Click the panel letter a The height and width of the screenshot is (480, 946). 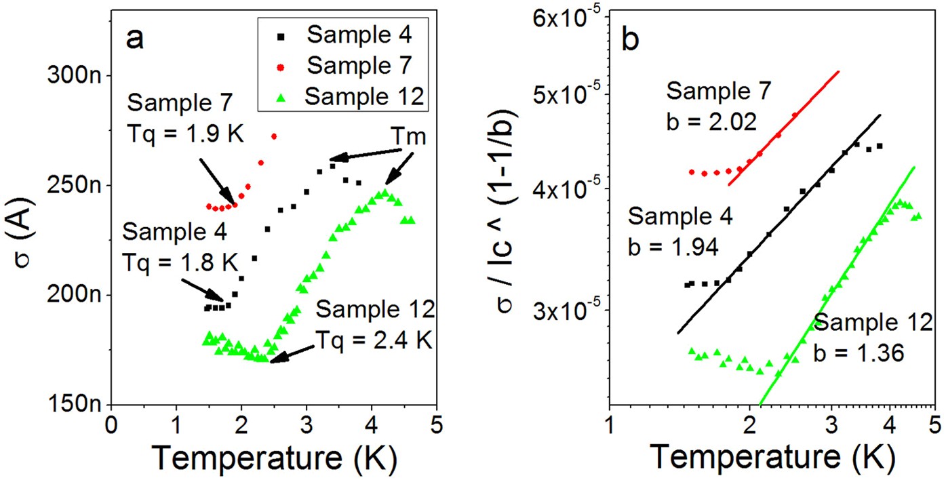point(135,40)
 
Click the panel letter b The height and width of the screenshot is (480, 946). point(629,41)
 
